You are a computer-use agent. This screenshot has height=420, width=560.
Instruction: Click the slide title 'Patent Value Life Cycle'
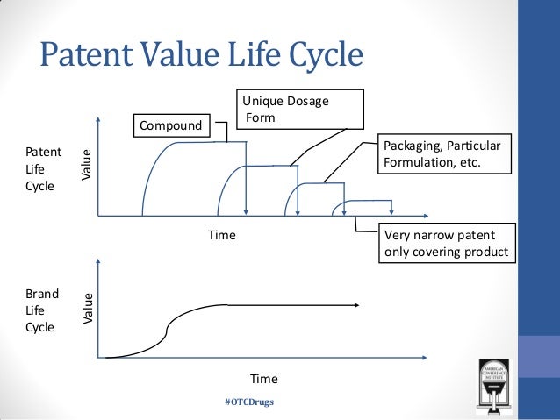(x=201, y=56)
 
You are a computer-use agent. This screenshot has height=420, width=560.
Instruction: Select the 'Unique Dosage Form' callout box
(x=298, y=110)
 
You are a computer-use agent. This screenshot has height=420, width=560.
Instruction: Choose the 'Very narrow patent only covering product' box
(x=446, y=244)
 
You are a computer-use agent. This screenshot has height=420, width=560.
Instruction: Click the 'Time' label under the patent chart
(x=221, y=235)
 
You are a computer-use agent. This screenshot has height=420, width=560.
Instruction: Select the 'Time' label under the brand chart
(x=263, y=379)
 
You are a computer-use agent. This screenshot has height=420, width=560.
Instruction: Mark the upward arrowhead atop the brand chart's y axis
(x=98, y=262)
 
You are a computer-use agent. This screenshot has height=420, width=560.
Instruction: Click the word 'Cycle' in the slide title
(x=319, y=56)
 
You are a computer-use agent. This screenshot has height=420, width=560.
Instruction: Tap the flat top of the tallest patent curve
(x=202, y=142)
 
